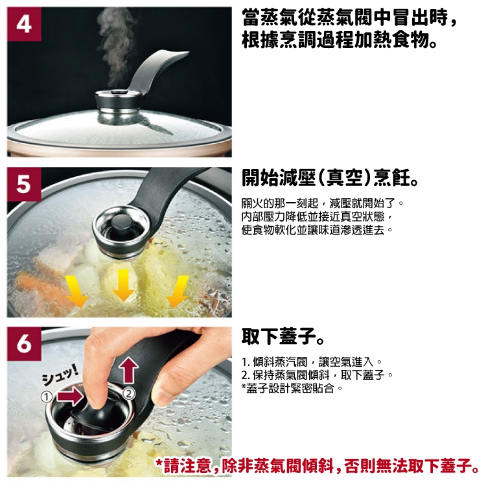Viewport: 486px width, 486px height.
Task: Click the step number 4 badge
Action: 24,24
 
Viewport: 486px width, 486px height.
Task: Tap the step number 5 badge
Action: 24,185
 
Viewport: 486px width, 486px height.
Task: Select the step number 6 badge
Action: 24,343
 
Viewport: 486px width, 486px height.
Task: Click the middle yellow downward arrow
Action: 124,285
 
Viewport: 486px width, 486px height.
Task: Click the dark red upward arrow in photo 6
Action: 128,370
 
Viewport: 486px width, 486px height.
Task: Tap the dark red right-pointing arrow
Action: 71,397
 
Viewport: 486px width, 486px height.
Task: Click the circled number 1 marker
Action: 47,397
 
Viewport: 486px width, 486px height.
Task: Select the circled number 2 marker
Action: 129,393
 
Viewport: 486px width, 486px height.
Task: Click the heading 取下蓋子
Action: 283,336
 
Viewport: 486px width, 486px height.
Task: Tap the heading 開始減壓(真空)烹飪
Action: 330,178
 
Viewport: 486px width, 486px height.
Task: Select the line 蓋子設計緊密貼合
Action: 292,388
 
